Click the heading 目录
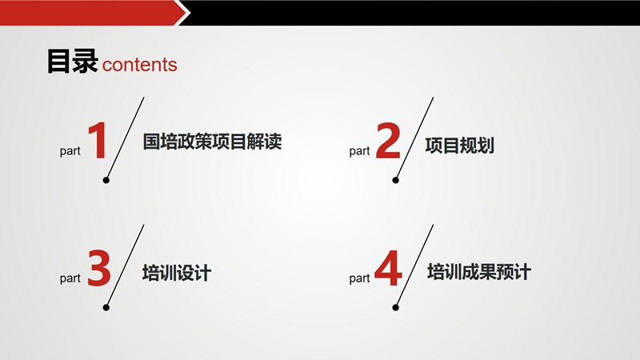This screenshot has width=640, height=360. coord(72,62)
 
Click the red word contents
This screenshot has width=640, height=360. coord(139,65)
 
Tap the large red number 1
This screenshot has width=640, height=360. coord(98,141)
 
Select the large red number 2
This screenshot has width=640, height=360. coord(387,141)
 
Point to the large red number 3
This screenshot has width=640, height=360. coord(98,268)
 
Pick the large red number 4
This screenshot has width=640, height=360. coord(388,268)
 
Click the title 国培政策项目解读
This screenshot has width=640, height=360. coord(212,142)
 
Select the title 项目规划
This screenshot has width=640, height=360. coord(459,146)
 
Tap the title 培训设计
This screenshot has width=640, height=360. coord(177,273)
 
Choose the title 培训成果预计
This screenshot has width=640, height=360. coord(479,272)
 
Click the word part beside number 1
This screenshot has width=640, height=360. coord(70,151)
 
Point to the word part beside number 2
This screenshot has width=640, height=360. coord(359,151)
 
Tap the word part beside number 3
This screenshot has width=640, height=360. coord(70,278)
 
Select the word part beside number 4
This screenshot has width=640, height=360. coord(359,278)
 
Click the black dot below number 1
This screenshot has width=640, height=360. coord(106,180)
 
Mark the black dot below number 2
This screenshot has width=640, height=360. coord(395,180)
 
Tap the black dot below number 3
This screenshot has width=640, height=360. coord(106,307)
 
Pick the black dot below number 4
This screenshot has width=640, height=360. coord(395,307)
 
